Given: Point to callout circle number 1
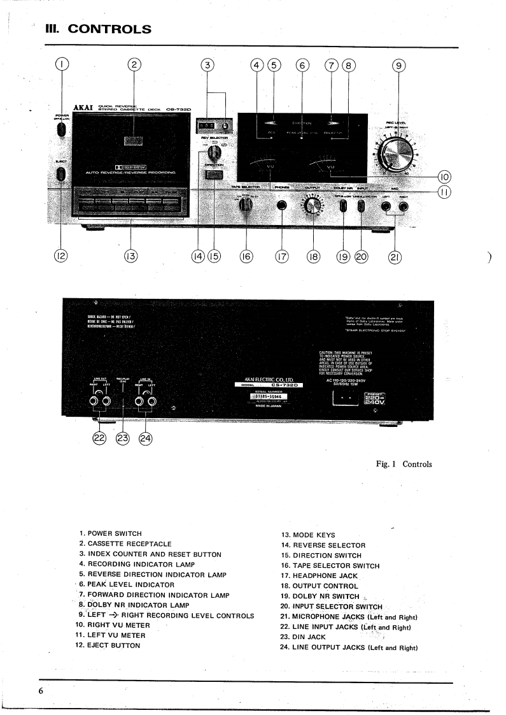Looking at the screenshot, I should (x=61, y=65).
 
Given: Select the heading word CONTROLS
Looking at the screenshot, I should (x=109, y=29).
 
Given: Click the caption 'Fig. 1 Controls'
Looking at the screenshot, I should (x=403, y=464).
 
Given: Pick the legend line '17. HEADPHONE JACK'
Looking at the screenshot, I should (x=324, y=575).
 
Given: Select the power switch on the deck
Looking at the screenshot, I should (x=61, y=129).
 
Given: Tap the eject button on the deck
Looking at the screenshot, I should (x=61, y=174).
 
